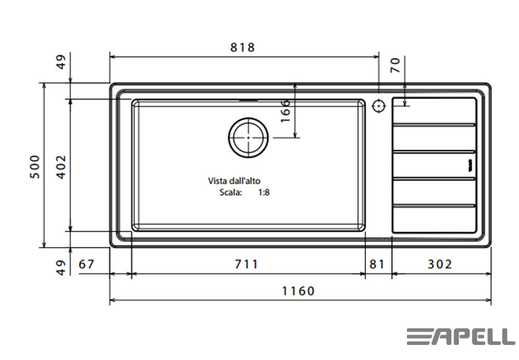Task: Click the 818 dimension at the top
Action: click(x=242, y=47)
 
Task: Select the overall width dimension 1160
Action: click(x=298, y=291)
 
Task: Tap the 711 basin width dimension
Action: click(x=246, y=264)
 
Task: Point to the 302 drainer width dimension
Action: click(x=440, y=264)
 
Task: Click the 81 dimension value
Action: click(x=377, y=264)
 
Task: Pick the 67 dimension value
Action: click(x=86, y=264)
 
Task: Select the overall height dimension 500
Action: click(x=35, y=167)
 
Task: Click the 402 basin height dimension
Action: click(x=62, y=167)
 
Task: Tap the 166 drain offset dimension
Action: click(x=285, y=111)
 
